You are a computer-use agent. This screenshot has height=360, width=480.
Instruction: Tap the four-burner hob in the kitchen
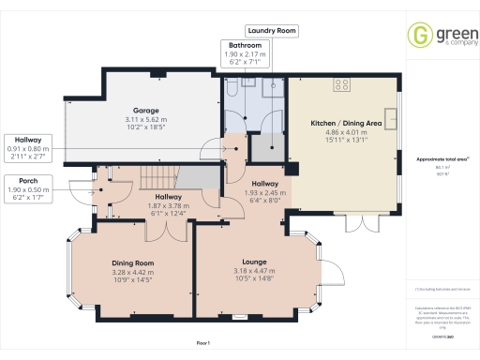(x=341, y=83)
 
